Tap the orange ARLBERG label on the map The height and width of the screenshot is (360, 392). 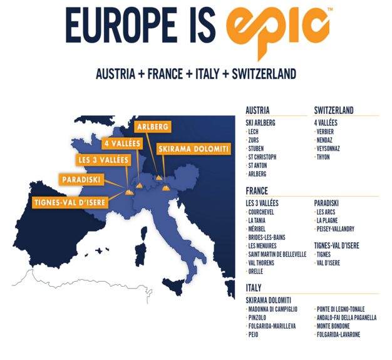[x=152, y=126]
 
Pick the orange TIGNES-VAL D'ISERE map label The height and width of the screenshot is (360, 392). [x=69, y=202]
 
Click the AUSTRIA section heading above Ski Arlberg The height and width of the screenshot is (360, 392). [x=258, y=111]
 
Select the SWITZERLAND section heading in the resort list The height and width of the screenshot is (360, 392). [x=334, y=111]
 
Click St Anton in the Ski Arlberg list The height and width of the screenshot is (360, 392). [x=260, y=165]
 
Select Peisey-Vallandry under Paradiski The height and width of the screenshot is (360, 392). [x=339, y=229]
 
